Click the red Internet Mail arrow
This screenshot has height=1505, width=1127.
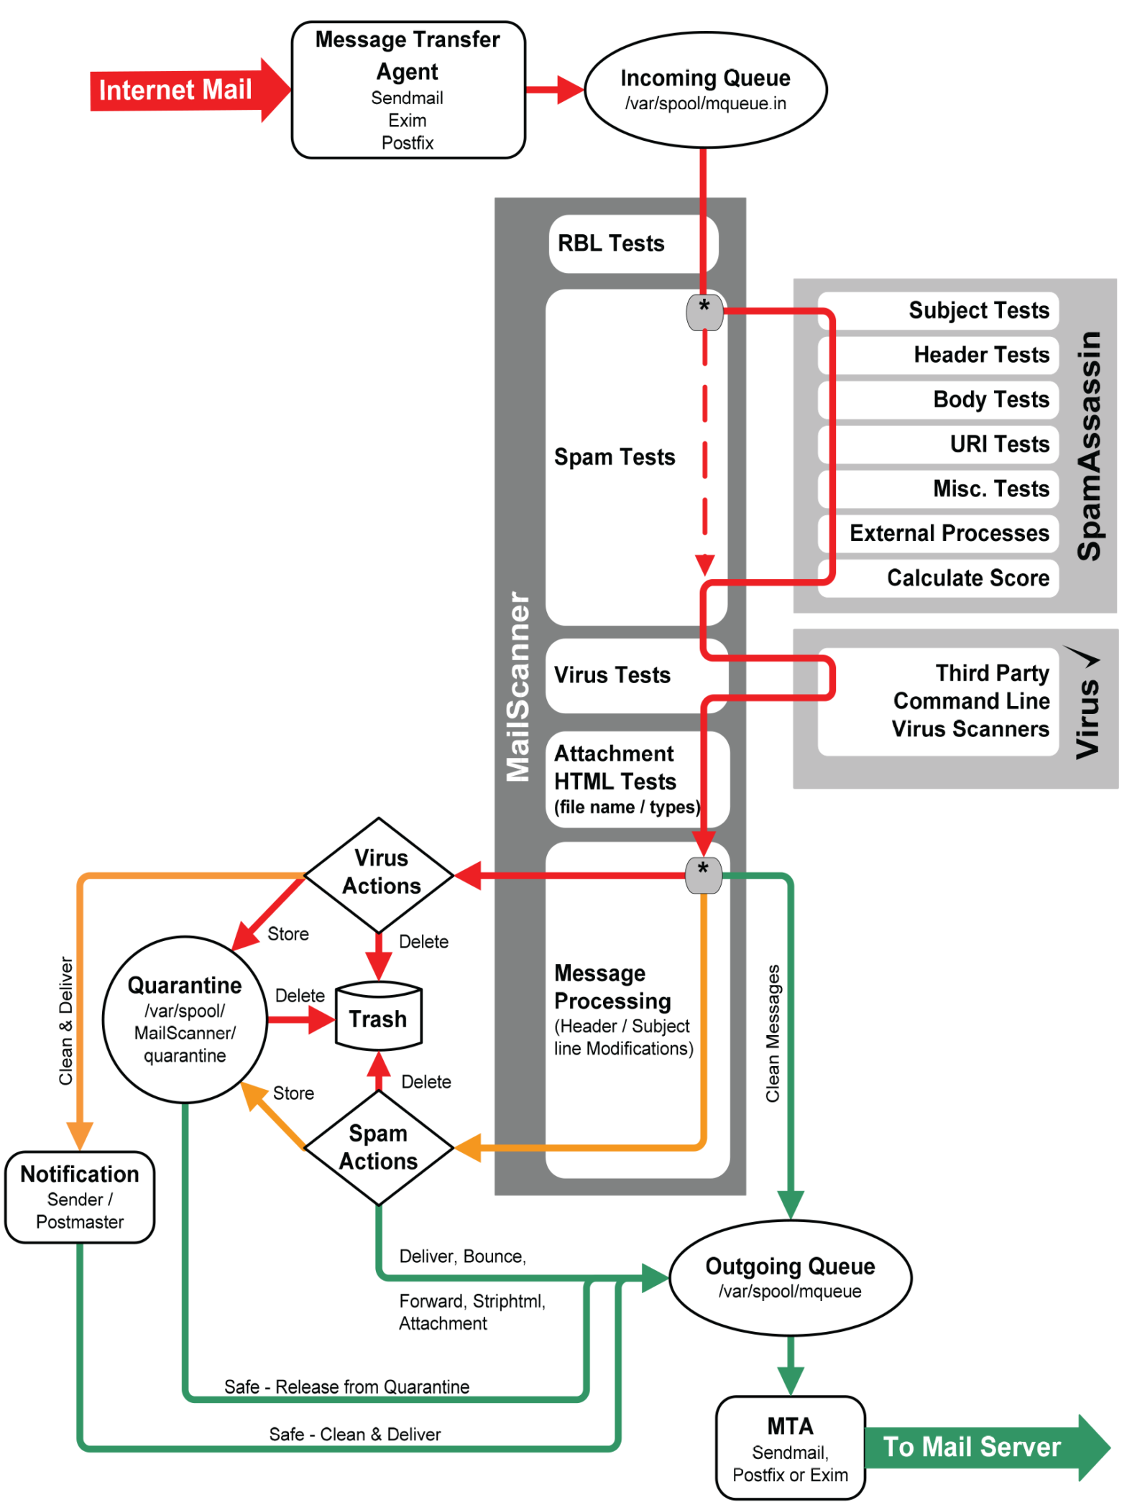pyautogui.click(x=180, y=90)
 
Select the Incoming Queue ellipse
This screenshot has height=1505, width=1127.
pyautogui.click(x=705, y=89)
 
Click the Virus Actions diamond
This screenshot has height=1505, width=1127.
pyautogui.click(x=379, y=874)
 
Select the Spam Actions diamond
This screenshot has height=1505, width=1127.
pyautogui.click(x=378, y=1148)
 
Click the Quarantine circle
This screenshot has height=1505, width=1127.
pyautogui.click(x=185, y=1020)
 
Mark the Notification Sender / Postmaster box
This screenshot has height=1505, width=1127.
pyautogui.click(x=80, y=1197)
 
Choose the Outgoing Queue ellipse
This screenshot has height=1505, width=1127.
pyautogui.click(x=790, y=1277)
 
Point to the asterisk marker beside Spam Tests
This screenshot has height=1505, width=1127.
pyautogui.click(x=704, y=312)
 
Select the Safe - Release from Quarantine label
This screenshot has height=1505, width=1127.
pyautogui.click(x=346, y=1386)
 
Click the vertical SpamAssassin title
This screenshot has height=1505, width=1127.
pyautogui.click(x=1089, y=445)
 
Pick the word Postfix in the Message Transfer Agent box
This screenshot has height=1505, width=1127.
pyautogui.click(x=408, y=143)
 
